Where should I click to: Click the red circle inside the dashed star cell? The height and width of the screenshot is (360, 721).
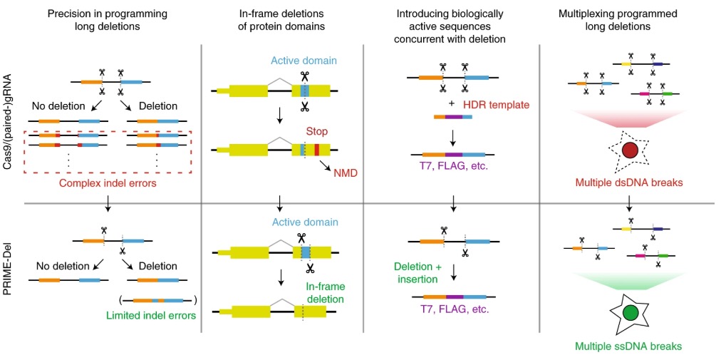click(x=629, y=151)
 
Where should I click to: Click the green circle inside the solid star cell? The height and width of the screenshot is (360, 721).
click(x=630, y=312)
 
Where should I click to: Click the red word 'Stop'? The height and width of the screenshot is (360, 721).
click(x=316, y=132)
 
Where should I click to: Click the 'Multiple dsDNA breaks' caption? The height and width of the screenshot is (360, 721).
click(x=629, y=184)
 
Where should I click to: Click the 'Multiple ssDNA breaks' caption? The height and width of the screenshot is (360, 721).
click(x=630, y=346)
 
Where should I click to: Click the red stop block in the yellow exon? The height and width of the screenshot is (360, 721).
click(x=316, y=150)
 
